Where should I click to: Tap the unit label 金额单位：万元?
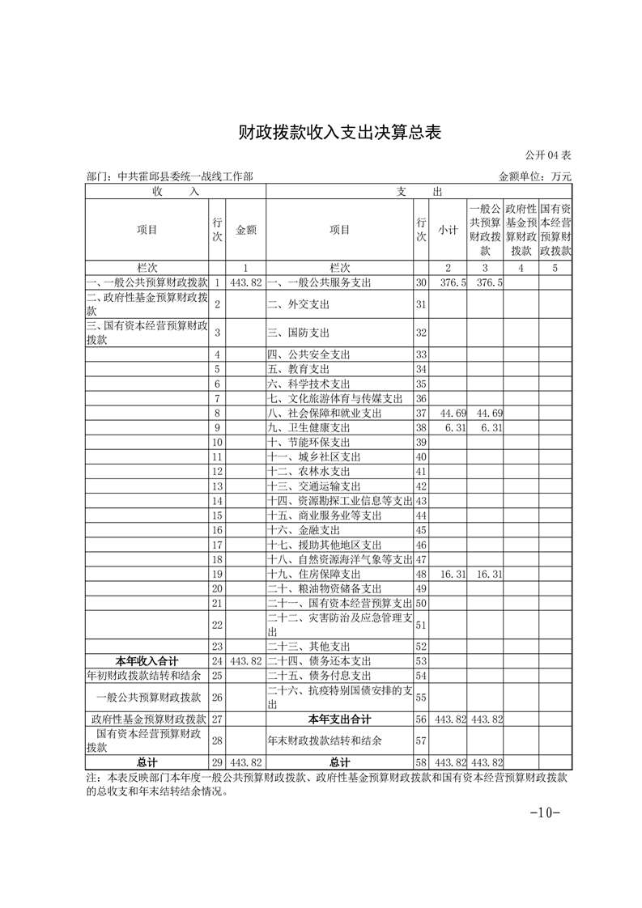click(535, 176)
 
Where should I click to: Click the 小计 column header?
click(448, 230)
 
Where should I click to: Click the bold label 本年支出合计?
click(339, 719)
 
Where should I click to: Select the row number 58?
click(420, 762)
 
